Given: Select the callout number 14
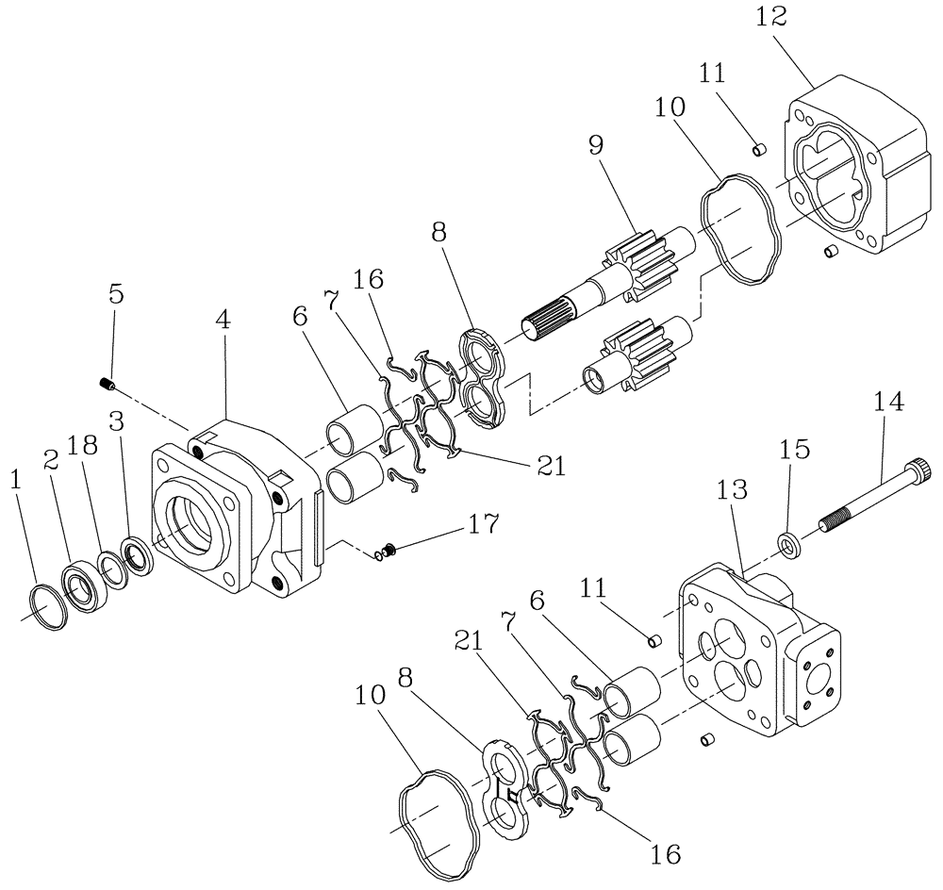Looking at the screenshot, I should click(887, 404).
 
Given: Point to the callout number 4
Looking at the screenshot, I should click(223, 321).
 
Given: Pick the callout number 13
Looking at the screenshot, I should click(732, 490).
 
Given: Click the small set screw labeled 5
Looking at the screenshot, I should click(107, 384).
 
